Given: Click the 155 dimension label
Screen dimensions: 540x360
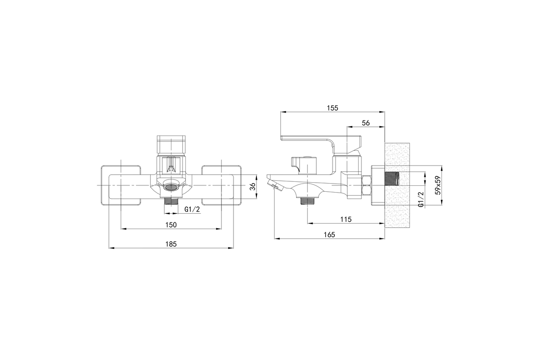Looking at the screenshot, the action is point(333,108).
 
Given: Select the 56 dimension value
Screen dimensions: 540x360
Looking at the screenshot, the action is point(366,123).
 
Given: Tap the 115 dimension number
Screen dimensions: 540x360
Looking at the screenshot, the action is point(346,220).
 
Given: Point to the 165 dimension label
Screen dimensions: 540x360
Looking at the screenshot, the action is point(329,234).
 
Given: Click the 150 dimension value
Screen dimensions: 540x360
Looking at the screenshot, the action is point(171,225).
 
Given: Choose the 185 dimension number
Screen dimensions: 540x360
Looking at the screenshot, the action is point(171,244).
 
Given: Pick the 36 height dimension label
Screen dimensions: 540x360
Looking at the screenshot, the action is point(252,187).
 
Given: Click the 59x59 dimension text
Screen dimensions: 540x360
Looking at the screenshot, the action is point(438,185).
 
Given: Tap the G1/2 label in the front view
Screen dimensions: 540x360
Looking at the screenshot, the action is point(192,209).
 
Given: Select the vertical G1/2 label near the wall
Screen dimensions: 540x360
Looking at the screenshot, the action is point(421,199).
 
